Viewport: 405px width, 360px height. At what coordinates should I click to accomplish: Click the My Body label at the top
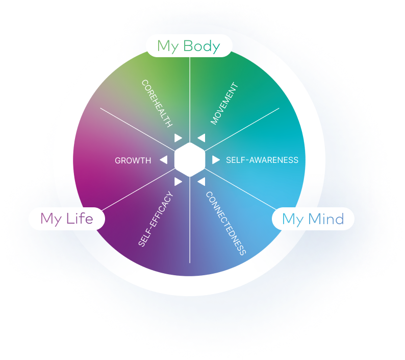coord(189,46)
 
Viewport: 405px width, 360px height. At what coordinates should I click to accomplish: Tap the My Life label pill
coord(67,219)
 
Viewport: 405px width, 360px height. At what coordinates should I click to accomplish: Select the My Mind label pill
coord(313,219)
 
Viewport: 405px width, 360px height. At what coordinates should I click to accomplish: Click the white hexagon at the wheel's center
coord(189,160)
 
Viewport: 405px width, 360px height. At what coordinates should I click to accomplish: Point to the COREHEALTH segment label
coord(157,103)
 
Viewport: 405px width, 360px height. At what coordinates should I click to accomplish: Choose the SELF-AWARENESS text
coord(262,160)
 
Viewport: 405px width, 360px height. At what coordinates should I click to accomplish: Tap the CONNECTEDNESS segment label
coord(226,223)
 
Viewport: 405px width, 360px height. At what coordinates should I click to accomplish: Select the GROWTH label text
coord(133,160)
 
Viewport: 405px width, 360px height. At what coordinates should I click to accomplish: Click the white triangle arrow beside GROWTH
coord(164,160)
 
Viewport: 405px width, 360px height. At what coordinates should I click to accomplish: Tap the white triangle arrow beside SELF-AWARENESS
coord(216,160)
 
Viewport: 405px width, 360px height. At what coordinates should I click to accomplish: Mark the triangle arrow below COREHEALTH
coord(178,138)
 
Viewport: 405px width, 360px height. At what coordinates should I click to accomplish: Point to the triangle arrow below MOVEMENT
coord(201,138)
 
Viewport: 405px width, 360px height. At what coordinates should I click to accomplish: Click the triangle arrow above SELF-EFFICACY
coord(178,181)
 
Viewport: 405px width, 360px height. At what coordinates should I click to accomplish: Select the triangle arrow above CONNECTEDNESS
coord(201,181)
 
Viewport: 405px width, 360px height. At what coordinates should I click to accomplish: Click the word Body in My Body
coord(201,46)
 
